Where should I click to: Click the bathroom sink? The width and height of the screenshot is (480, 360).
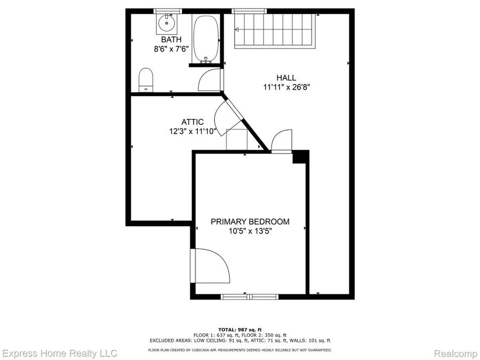pyautogui.click(x=167, y=22)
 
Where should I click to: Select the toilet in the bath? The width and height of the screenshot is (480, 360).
pyautogui.click(x=146, y=80)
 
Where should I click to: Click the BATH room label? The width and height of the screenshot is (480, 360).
pyautogui.click(x=171, y=39)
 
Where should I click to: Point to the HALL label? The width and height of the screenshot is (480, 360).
pyautogui.click(x=286, y=78)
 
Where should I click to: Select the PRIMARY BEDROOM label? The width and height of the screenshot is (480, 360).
pyautogui.click(x=250, y=221)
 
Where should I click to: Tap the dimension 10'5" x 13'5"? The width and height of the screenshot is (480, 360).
pyautogui.click(x=250, y=230)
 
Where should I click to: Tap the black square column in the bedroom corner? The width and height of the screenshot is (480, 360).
pyautogui.click(x=300, y=157)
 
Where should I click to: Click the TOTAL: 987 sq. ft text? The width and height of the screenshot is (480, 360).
pyautogui.click(x=240, y=329)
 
